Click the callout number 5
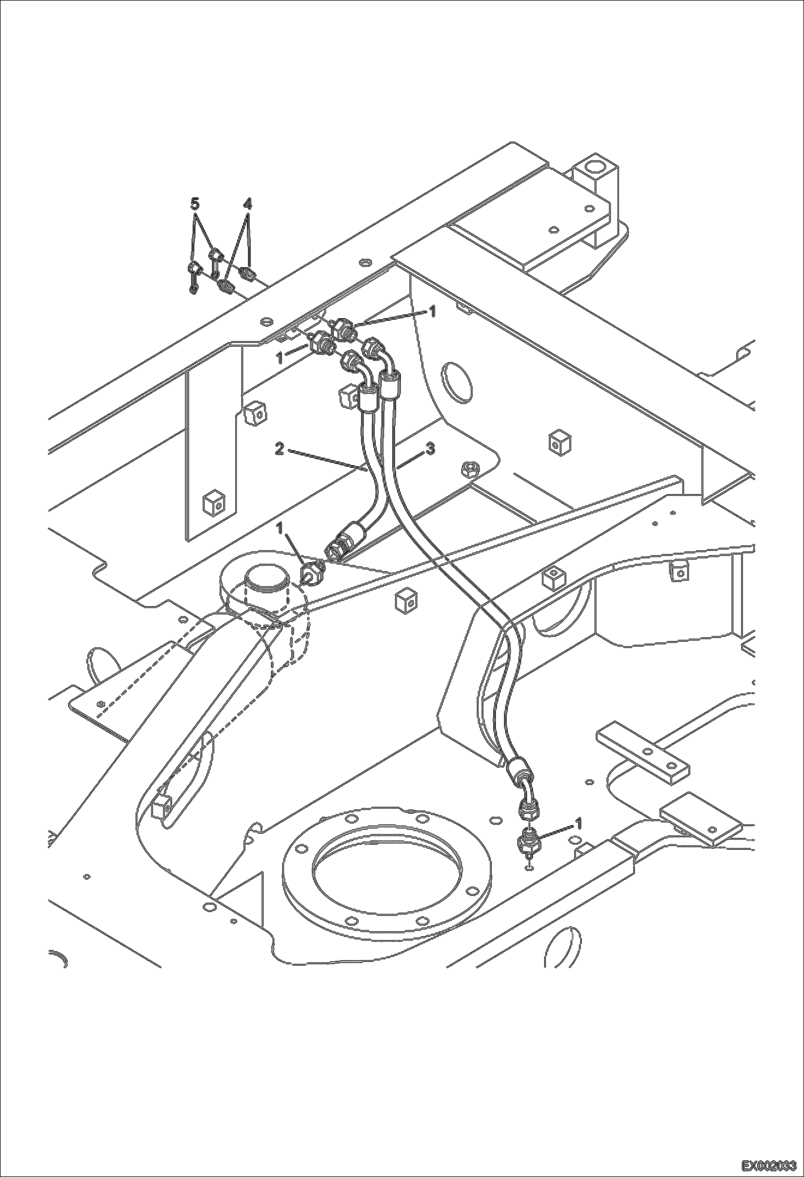195,204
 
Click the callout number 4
247,204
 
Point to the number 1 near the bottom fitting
578,822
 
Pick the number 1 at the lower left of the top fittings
280,358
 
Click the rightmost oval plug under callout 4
248,275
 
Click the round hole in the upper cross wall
455,382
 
